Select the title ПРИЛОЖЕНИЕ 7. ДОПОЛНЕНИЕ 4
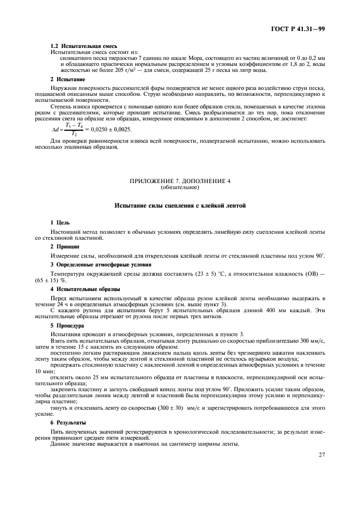click(x=180, y=181)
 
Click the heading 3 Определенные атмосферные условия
click(x=95, y=264)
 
